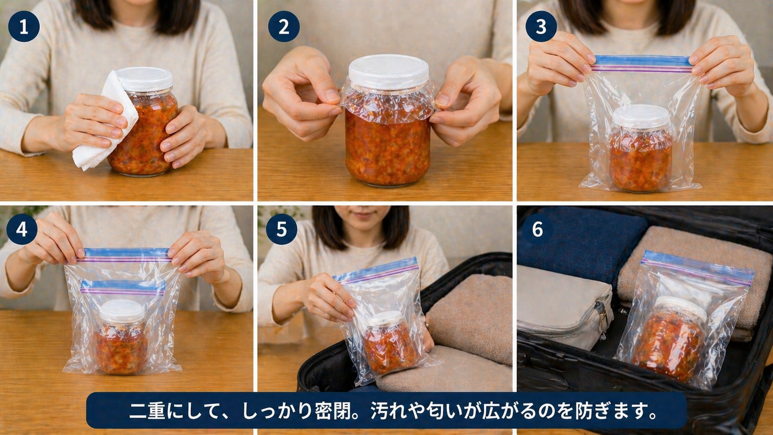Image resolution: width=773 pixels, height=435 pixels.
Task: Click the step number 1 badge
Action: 24,26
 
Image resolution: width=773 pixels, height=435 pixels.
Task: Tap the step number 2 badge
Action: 283,26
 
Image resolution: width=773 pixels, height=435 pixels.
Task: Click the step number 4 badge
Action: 22,229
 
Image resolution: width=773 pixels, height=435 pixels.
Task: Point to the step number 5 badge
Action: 282,229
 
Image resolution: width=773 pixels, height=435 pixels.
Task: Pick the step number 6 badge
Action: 537,229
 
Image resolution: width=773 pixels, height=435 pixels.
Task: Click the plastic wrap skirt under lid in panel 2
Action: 389,99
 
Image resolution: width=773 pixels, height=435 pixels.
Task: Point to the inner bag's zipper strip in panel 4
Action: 123,288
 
